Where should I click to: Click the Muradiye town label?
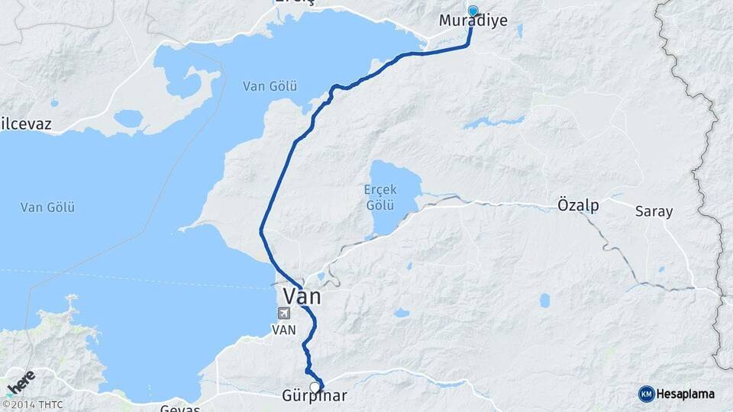pos(473,21)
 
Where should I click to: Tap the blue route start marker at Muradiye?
pos(473,11)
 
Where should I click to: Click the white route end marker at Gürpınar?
pos(315,387)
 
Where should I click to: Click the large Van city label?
pos(302,295)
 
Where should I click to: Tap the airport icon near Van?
pos(285,313)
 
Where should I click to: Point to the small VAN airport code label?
pos(283,330)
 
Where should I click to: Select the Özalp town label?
pos(578,206)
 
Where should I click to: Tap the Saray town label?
pos(654,211)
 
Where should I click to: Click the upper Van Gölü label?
pos(270,86)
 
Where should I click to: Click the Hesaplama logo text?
pos(687,394)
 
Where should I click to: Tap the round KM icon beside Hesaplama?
pos(646,394)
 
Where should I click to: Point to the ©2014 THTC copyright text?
pos(32,405)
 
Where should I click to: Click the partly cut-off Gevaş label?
pos(179,408)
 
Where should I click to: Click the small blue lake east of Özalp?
pos(544,301)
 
